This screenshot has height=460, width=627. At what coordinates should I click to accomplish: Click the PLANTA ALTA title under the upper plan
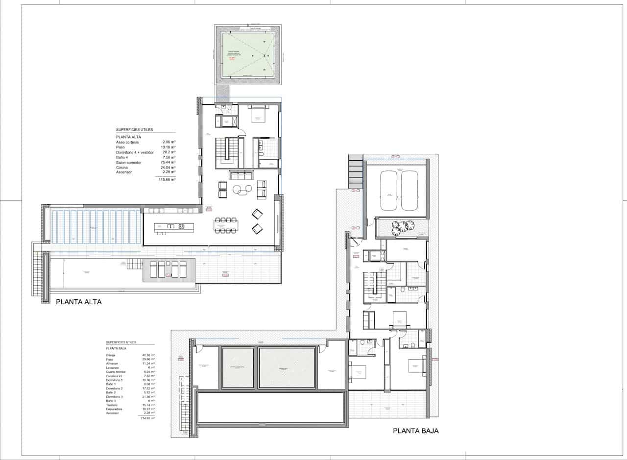point(79,302)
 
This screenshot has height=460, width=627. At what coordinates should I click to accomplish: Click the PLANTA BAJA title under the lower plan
point(415,431)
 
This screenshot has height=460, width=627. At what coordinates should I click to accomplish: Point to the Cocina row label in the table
point(122,168)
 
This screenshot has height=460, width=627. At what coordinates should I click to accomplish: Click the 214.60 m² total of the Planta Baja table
point(147,418)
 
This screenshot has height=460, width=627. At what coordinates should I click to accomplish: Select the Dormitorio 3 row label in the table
point(114,396)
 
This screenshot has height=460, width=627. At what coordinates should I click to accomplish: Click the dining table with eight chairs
point(226,225)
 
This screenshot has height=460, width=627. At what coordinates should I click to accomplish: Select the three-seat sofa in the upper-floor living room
point(241,175)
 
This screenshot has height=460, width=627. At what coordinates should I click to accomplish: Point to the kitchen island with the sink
point(174,226)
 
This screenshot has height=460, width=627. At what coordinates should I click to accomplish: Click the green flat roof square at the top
point(248,54)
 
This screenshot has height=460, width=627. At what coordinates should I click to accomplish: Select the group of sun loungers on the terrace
point(169,270)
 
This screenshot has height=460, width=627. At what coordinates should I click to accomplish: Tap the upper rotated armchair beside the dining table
point(257,214)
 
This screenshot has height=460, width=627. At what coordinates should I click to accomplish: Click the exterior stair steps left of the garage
point(355,171)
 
